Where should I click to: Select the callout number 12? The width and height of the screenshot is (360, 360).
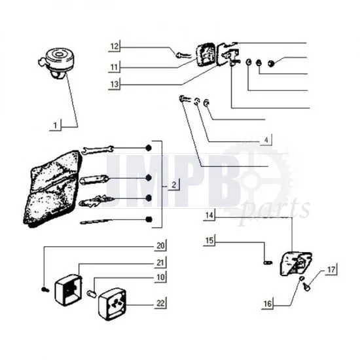[x=114, y=46]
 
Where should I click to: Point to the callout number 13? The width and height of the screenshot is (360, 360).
[x=114, y=84]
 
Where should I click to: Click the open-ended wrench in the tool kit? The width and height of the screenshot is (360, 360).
[x=111, y=149]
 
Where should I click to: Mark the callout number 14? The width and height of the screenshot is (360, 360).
[x=208, y=215]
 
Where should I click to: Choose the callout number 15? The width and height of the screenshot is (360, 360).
[x=208, y=241]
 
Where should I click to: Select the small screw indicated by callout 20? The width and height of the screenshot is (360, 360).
[x=43, y=289]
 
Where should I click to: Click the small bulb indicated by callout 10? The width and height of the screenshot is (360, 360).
[x=93, y=285]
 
